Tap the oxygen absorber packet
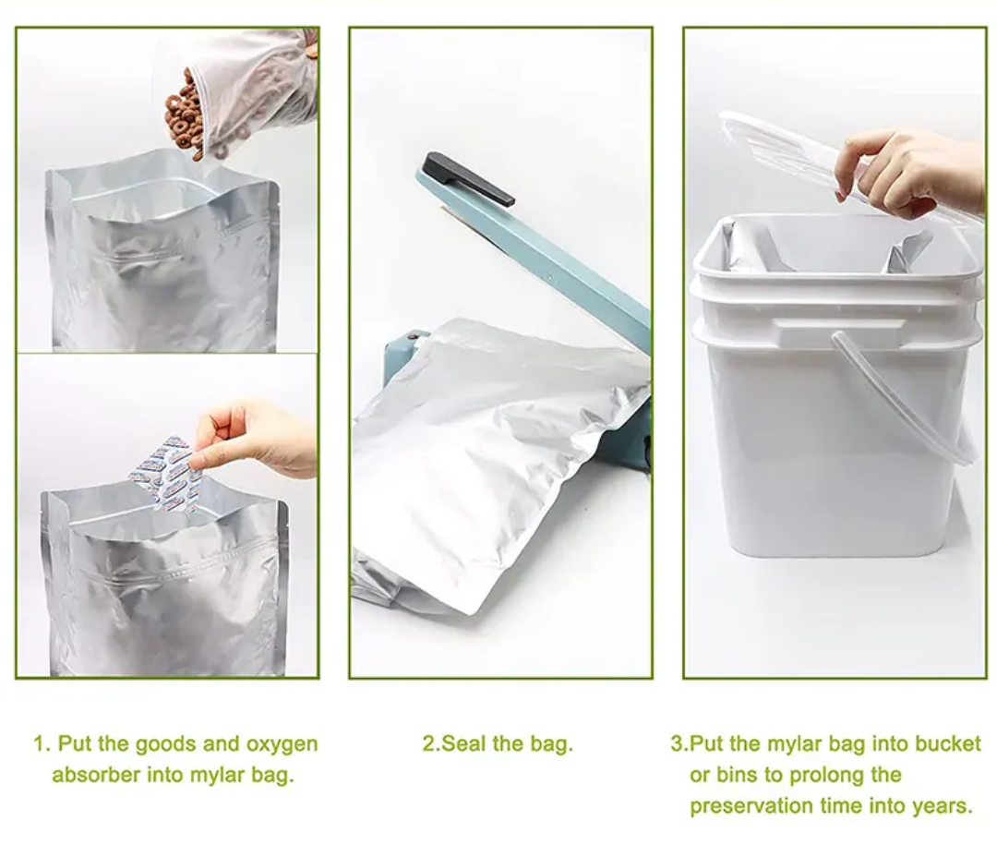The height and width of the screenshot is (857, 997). [x=166, y=476]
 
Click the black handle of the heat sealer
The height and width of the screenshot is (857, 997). [x=466, y=179]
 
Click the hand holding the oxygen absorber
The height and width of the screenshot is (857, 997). [x=255, y=438]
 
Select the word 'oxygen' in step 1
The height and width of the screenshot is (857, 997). [x=282, y=744]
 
